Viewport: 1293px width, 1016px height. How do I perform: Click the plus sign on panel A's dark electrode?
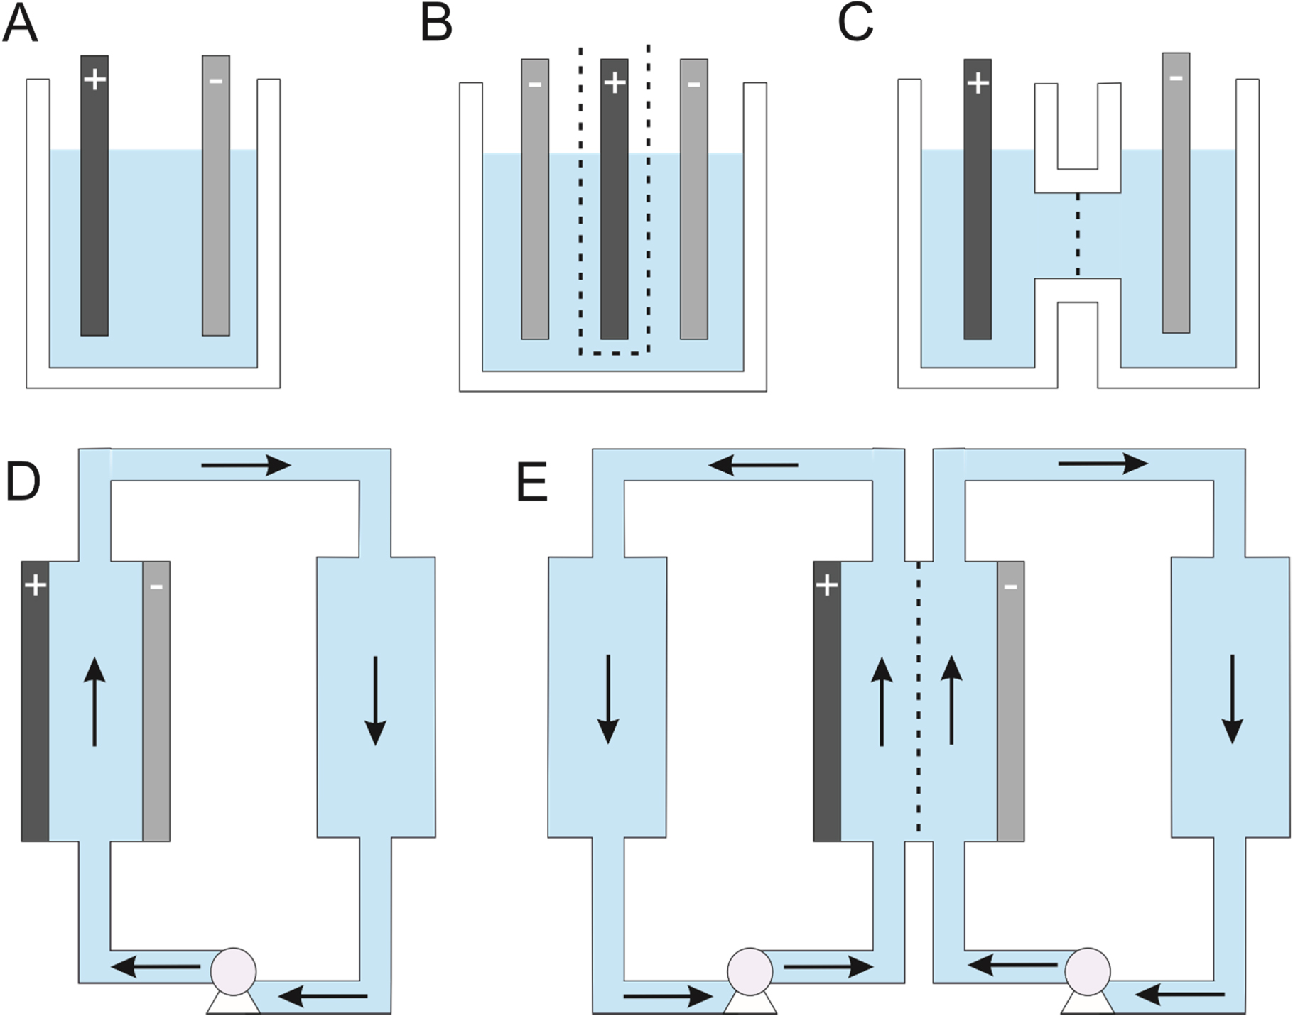point(94,80)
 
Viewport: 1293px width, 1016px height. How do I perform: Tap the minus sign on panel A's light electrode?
point(216,82)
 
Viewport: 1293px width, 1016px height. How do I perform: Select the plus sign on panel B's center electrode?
point(615,83)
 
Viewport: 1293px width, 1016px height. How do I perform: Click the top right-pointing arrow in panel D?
point(246,466)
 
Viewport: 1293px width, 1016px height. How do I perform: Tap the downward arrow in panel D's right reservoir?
point(375,700)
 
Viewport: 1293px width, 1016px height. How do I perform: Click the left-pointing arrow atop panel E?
point(754,466)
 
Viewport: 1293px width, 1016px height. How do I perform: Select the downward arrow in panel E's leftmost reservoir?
point(608,699)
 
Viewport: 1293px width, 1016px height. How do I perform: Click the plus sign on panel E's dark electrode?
point(826,586)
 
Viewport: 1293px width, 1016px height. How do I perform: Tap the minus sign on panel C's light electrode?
point(1176,77)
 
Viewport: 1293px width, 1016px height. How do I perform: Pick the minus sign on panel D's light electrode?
point(156,587)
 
